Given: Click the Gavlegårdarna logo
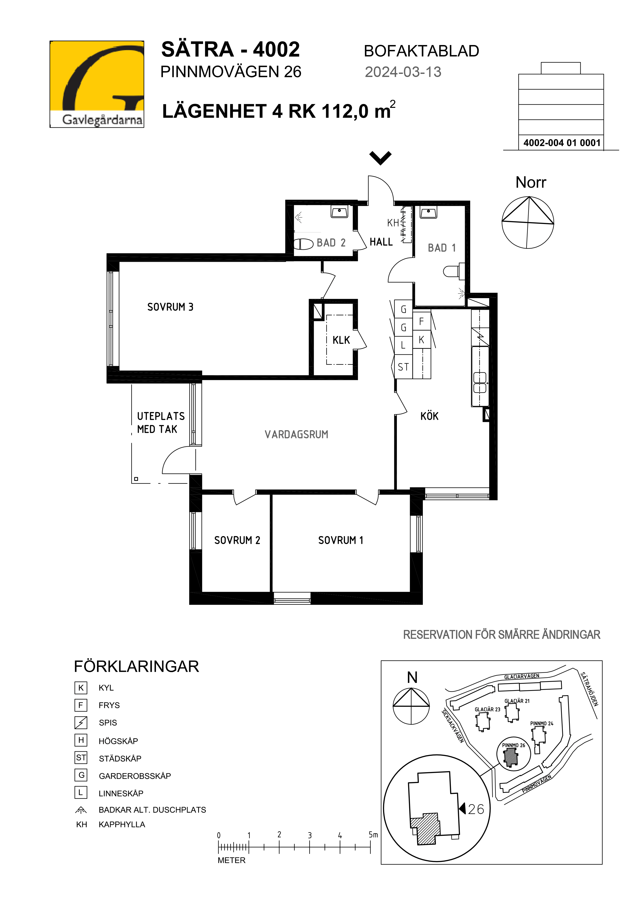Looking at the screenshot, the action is pos(97,84).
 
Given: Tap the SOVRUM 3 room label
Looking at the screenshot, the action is pos(170,307).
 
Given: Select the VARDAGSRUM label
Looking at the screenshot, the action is pos(296,435).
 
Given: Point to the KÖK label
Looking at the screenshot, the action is pos(429,416).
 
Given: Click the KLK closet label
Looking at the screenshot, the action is pos(341,340).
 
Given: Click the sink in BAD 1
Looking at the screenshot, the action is pos(429,213).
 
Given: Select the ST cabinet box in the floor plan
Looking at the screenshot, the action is pos(403,367).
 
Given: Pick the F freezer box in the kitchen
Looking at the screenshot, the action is pos(421,322).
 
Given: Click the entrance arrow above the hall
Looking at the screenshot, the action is pos(381,158).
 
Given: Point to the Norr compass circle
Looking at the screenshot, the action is pos(528,223).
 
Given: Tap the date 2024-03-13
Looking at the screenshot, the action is pos(403,72).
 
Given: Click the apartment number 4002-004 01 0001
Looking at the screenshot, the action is pos(562,143).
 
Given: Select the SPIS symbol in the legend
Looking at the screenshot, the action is pos(81,723).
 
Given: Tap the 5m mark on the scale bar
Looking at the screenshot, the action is pos(373,835).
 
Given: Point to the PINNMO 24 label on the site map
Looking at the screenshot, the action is pos(542,724).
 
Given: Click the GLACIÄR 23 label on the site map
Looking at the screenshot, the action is pos(487,709).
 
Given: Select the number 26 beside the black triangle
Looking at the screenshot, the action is pos(476,809).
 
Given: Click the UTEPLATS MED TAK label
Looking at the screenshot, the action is pos(161,423).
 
